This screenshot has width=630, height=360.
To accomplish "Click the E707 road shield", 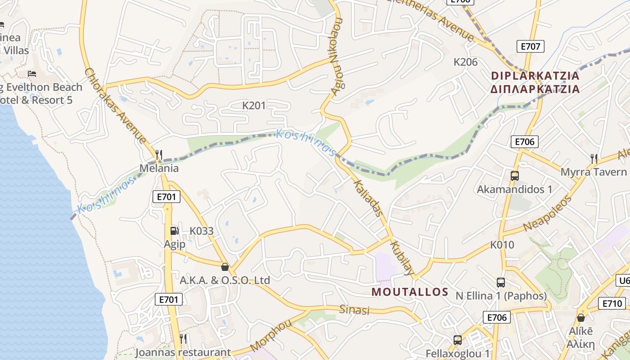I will pos(531,46).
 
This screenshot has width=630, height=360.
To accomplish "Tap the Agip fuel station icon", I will pos(174,231).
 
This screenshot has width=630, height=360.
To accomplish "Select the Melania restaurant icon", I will pos(158,155).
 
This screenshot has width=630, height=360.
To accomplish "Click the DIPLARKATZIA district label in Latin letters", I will pos(535,76).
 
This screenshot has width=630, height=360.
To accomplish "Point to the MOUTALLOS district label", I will pos(410,292).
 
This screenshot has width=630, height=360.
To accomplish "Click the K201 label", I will pos(254,106).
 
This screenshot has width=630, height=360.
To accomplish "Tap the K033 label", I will pos(201,231).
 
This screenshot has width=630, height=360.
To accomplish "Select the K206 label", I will pos(465,62).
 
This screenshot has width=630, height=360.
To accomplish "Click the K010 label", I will pos(502,245).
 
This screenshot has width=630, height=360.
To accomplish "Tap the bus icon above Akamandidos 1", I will pos(514,176).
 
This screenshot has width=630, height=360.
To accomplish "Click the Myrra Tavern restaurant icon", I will pos(594,158).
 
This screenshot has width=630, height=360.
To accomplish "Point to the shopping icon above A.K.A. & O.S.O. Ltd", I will pos(225,267).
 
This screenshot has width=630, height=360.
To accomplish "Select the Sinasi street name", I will pos(354,310).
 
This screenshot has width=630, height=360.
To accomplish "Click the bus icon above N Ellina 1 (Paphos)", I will pos(501,283).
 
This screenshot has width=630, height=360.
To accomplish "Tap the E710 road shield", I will pos(612,304).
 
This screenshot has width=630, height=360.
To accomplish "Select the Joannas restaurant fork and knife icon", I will pos(183,338).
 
